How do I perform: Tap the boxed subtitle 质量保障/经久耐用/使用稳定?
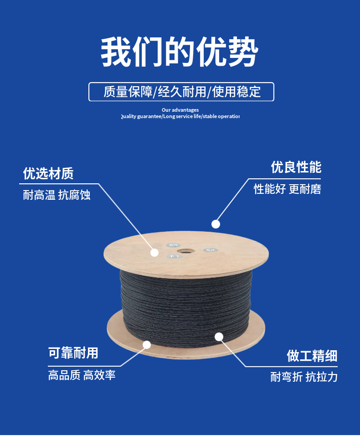pos(181,92)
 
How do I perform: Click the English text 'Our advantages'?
pos(180,110)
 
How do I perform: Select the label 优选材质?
pos(48,173)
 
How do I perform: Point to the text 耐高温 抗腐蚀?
pos(57,195)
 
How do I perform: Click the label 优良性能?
pos(296,167)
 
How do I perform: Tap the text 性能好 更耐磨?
pos(287,189)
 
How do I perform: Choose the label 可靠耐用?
pos(73,353)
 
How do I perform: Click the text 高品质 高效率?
pos(82,375)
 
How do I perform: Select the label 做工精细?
pos(312,356)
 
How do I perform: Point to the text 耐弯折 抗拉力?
pos(304,377)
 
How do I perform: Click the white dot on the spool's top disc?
pos(154,252)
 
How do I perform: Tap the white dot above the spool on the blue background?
pos(216,224)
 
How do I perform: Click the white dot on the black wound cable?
pos(219,337)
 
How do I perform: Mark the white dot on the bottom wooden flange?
pos(147,345)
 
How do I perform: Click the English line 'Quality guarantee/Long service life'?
pos(180,117)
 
